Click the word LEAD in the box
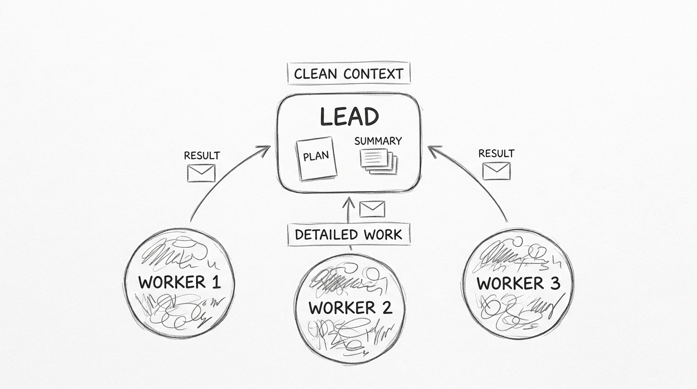coord(349,116)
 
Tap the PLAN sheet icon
coord(316,158)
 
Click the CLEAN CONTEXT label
coord(348,73)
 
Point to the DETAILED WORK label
coord(348,235)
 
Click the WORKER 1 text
coord(179,282)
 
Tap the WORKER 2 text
coord(350,307)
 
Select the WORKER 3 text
coord(518,283)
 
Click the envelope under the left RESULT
coord(201,173)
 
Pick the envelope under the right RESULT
coord(496,171)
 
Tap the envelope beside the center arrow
coord(372,208)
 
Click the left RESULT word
coord(202,155)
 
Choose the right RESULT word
coord(496,153)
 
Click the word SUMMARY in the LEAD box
coord(378,141)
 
